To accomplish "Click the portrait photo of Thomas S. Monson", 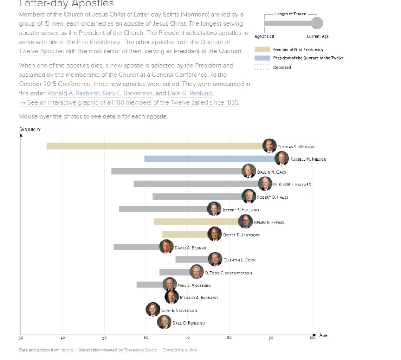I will (x=269, y=146).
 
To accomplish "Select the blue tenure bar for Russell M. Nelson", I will (x=209, y=159).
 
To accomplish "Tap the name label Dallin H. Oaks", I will (x=271, y=172).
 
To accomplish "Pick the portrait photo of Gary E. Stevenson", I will (x=153, y=309).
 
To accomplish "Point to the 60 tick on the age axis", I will (x=146, y=338).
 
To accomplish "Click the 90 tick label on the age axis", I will (x=271, y=338).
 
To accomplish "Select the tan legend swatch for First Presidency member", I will (x=262, y=49).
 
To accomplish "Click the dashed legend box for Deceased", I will (x=262, y=67).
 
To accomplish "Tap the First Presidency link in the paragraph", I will (x=99, y=42).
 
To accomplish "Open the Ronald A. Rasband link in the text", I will (x=74, y=93).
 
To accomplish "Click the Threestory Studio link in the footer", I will (x=140, y=350).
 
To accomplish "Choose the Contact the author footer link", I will (x=180, y=350).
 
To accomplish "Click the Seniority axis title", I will (x=30, y=129).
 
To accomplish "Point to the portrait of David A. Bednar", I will (x=166, y=247).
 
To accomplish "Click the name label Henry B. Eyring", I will (x=269, y=223).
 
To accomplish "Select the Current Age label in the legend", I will (x=317, y=36).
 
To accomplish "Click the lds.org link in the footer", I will (x=67, y=350).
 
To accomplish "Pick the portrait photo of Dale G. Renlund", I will (x=164, y=322).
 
